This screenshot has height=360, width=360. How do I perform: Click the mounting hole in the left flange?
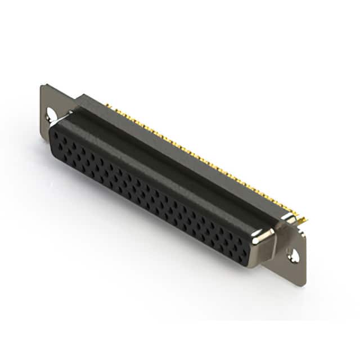(52, 115)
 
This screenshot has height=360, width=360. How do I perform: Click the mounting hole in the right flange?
(294, 254)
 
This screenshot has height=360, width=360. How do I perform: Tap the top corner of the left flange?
(42, 85)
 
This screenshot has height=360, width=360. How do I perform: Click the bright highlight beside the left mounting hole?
(58, 116)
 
